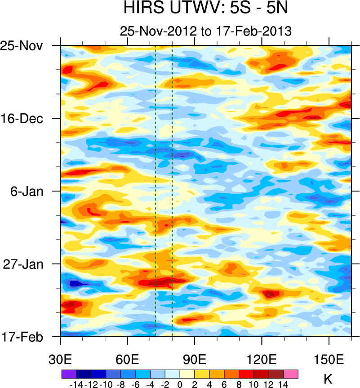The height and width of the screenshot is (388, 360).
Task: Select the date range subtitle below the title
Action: click(x=206, y=31)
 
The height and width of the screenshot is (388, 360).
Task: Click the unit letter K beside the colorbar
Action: click(x=328, y=379)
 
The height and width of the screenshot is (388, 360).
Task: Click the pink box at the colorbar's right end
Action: click(x=291, y=374)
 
